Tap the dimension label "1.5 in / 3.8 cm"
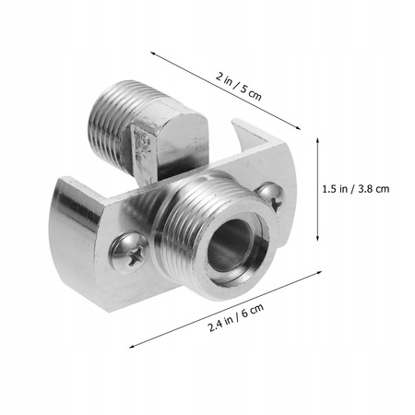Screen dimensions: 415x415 pos(356,188)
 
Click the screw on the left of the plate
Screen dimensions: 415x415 pos(128,249)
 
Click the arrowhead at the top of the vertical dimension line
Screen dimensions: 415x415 pos(320,140)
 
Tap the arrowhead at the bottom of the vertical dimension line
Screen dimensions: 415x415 pos(320,236)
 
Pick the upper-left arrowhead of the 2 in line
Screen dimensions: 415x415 pos(152,52)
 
